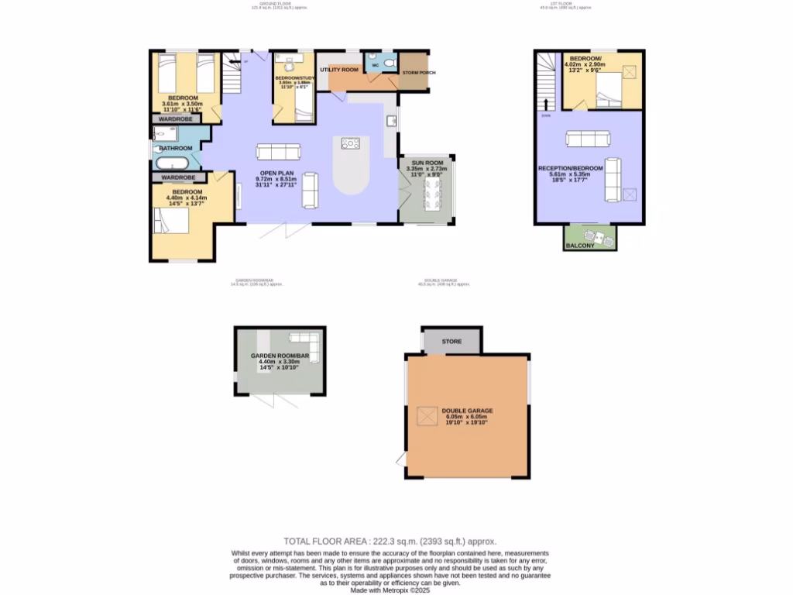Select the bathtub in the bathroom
coord(168,163)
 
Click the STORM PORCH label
coord(418,73)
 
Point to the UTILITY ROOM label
coord(338,70)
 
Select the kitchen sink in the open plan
coord(392,121)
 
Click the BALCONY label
coord(580,246)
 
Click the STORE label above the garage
coord(451,341)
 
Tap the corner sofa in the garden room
coord(304,340)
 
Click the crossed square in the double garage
coord(427,416)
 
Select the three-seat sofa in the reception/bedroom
coord(586,139)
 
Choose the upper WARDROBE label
coord(177,119)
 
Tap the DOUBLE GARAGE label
coord(467,411)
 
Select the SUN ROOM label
coord(427,163)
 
